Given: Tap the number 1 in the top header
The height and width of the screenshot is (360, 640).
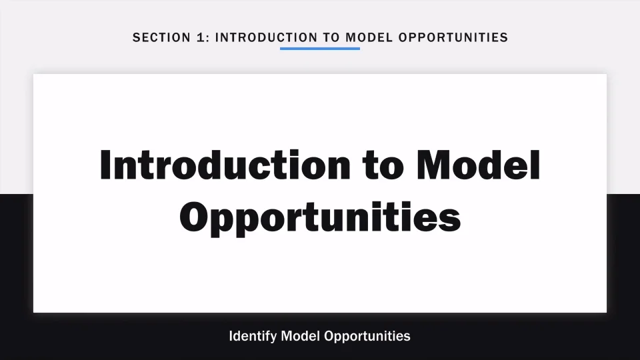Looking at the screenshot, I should pyautogui.click(x=201, y=37).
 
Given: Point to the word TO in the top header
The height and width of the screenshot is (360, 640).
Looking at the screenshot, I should pyautogui.click(x=331, y=37).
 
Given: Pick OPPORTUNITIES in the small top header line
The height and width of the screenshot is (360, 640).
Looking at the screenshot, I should pyautogui.click(x=453, y=37).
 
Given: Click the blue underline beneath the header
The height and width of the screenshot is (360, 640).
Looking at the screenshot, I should pyautogui.click(x=320, y=49).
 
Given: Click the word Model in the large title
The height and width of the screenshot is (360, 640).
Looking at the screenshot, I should pyautogui.click(x=478, y=165).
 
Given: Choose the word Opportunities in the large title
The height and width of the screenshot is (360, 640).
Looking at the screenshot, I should pyautogui.click(x=320, y=217).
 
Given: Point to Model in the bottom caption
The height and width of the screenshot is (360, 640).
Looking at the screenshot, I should pyautogui.click(x=301, y=335).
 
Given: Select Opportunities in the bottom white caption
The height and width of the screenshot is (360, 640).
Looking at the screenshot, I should pyautogui.click(x=367, y=335).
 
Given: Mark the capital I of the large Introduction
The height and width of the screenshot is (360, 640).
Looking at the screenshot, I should pyautogui.click(x=105, y=165).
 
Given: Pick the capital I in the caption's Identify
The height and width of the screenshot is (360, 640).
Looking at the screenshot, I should pyautogui.click(x=231, y=335).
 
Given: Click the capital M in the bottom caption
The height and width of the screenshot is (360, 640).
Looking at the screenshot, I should pyautogui.click(x=287, y=335).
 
